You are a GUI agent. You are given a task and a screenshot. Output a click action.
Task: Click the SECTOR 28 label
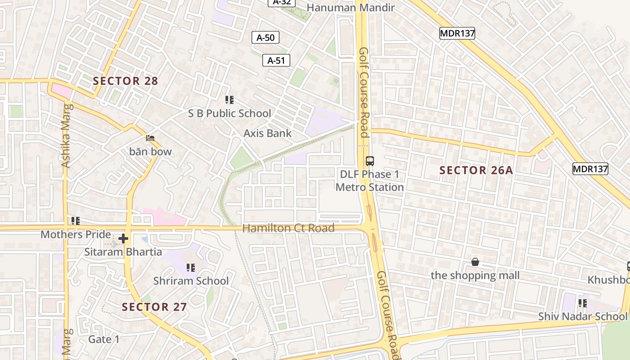point(125,81)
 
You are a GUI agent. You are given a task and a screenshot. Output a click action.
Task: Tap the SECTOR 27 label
point(154,307)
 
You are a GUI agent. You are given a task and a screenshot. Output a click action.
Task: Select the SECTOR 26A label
point(476,170)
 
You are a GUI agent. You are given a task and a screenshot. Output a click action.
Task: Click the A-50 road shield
point(265,38)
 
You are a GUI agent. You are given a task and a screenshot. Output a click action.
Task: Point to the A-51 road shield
point(276,60)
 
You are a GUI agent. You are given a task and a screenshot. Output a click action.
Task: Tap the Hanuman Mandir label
point(351,8)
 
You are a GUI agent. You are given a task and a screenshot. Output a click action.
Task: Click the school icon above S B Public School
point(229,100)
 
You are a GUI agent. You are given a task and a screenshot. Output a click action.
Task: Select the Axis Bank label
point(267,133)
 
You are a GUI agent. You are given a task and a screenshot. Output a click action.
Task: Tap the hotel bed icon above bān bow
point(150,138)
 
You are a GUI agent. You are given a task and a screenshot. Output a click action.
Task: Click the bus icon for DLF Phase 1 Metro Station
point(370,161)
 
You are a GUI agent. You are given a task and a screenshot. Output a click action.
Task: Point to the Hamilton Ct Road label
point(288,228)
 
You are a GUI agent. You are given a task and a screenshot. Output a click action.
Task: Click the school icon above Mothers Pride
point(76,221)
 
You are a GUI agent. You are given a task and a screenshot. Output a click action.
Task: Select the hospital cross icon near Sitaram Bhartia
point(123,238)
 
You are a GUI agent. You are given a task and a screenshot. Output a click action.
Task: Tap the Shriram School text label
point(191,281)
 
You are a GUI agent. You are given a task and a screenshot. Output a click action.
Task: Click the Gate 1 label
point(104,339)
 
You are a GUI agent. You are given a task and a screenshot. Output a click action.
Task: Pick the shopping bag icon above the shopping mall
point(475,262)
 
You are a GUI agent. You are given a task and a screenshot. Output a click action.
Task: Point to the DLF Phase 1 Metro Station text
point(369,180)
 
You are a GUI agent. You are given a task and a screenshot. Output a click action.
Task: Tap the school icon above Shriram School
point(191,268)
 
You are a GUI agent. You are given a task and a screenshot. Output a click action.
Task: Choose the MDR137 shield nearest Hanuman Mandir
point(457,33)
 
